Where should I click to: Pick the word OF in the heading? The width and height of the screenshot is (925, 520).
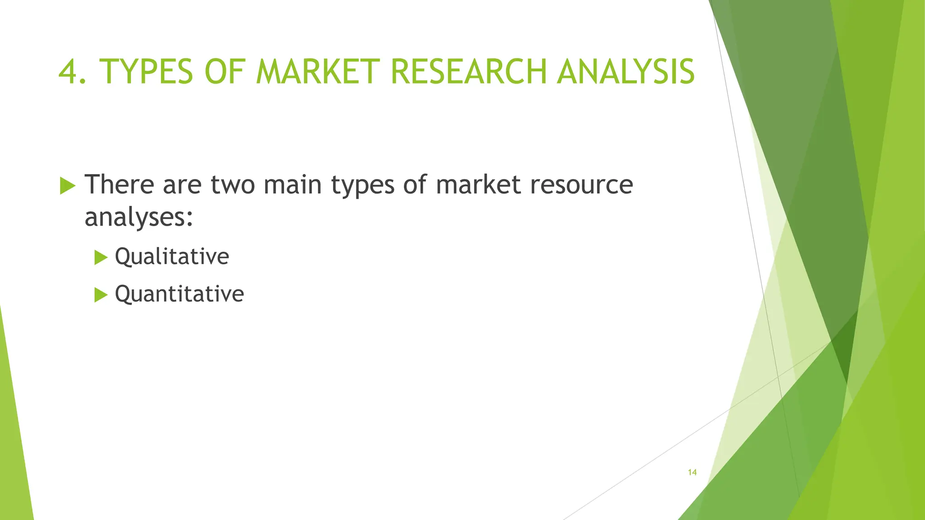[x=224, y=72]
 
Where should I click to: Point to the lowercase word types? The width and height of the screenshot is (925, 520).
[x=363, y=185]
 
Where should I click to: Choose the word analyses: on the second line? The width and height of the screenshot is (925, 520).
[x=139, y=217]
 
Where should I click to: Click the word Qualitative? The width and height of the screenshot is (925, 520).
[x=172, y=256]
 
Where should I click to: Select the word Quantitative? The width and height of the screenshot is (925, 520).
[x=179, y=294]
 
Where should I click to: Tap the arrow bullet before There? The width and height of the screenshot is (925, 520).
[x=68, y=186]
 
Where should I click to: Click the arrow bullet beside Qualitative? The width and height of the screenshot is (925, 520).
[x=101, y=258]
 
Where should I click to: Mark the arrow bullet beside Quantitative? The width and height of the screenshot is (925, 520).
[x=101, y=295]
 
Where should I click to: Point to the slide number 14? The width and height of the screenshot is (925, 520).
[x=692, y=472]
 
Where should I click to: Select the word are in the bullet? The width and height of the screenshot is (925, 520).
[x=182, y=185]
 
